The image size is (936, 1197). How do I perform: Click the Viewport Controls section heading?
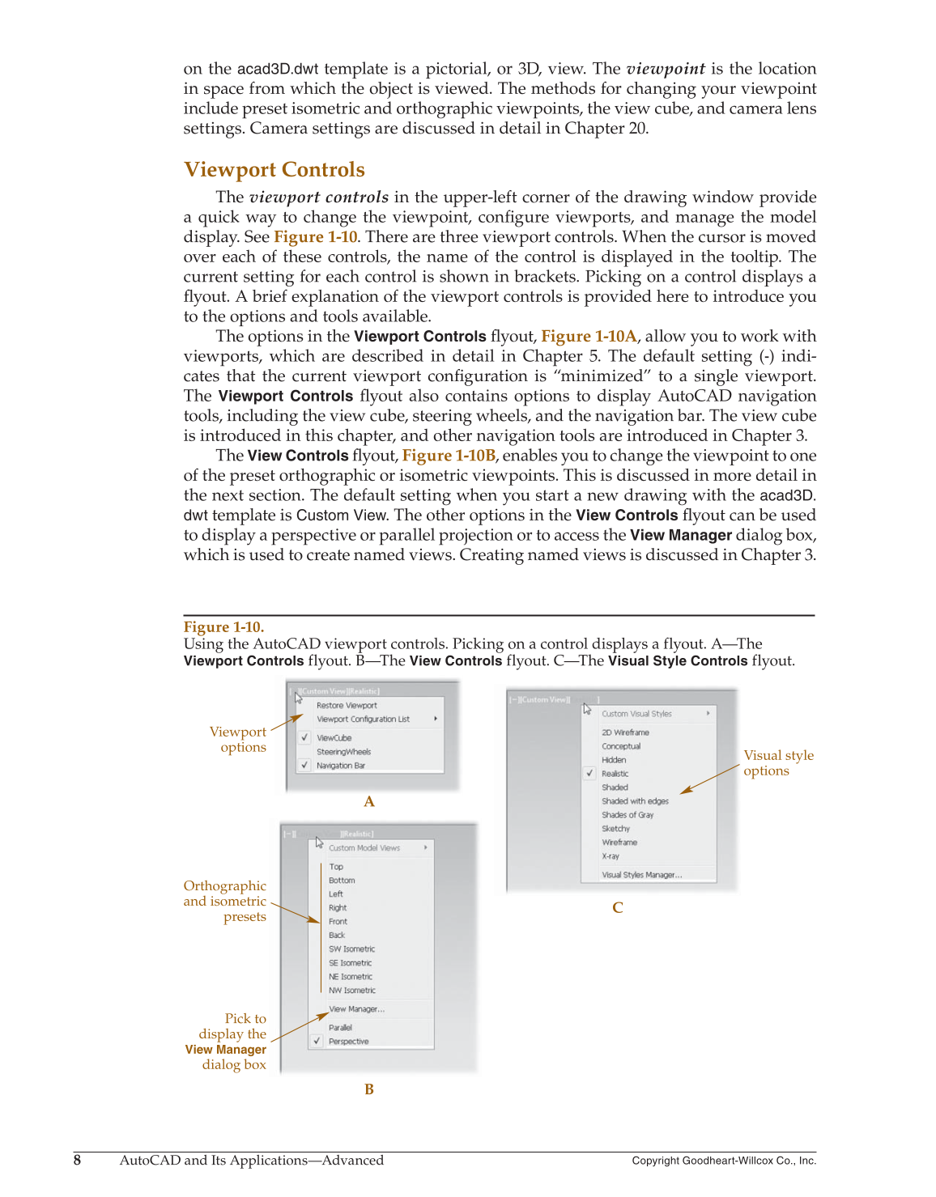pos(274,170)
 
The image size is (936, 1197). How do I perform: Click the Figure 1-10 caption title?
pos(223,627)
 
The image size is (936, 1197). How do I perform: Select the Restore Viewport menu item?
pos(347,706)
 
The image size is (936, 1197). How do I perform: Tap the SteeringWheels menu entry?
pos(343,752)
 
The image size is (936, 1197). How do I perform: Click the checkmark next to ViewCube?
pos(304,737)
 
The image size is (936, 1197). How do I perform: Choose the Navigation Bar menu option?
pos(340,766)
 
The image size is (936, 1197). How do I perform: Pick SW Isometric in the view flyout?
pos(351,949)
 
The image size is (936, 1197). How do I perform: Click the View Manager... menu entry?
pos(356,1009)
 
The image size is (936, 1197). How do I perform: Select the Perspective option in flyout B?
pos(348,1042)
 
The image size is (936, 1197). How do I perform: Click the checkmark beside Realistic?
pos(589,774)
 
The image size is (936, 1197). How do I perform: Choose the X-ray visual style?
pos(611,856)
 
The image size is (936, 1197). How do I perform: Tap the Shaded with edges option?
pos(635,801)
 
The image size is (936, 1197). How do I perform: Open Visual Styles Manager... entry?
pos(641,875)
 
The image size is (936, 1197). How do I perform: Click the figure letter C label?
pos(618,908)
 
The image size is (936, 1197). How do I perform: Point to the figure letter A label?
pos(369,802)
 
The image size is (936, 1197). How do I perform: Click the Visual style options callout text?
pos(778,763)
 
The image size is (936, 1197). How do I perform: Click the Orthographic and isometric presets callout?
pos(225,902)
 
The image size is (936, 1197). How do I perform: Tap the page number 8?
pos(77,1161)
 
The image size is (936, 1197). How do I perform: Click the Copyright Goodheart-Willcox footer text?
pos(724,1161)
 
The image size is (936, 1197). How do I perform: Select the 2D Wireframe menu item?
pos(625,732)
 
